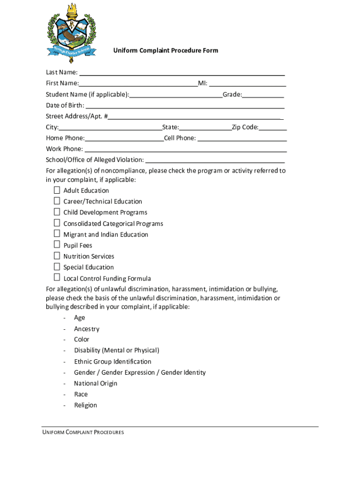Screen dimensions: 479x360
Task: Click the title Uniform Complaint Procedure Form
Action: [x=165, y=51]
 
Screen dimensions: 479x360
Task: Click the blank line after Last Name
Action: [x=182, y=73]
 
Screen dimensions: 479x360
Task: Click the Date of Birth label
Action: [x=65, y=105]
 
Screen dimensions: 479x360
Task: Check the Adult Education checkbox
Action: [x=57, y=190]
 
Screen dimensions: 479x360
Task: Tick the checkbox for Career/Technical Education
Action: [x=57, y=201]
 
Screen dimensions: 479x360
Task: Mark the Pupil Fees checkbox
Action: [x=57, y=245]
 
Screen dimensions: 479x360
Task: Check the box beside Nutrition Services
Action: [x=57, y=255]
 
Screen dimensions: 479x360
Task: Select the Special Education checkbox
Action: [x=57, y=267]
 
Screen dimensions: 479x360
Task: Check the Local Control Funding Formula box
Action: [x=57, y=278]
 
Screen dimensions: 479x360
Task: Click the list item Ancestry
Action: [x=86, y=329]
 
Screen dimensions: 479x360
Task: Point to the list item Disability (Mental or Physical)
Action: [x=116, y=350]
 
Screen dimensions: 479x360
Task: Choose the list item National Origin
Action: [x=95, y=384]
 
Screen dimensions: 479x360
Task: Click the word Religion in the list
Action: [x=86, y=405]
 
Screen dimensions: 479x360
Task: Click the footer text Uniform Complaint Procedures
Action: [x=83, y=433]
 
